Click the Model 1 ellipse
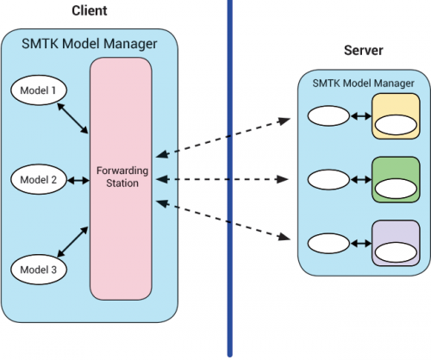click(x=39, y=90)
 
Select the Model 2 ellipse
click(x=39, y=179)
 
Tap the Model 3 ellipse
click(x=39, y=270)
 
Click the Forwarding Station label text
click(x=122, y=177)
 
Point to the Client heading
click(x=90, y=10)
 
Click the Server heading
click(x=364, y=50)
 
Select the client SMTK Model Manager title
click(x=90, y=44)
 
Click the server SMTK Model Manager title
click(x=363, y=84)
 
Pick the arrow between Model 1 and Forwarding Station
click(x=72, y=118)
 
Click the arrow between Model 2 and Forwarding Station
click(x=78, y=180)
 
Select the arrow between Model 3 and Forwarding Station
click(x=72, y=242)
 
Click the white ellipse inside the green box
click(x=396, y=189)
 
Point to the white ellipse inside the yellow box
click(x=396, y=125)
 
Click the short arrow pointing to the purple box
click(x=361, y=244)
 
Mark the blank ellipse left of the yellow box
click(x=328, y=116)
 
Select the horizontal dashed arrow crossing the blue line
click(x=222, y=179)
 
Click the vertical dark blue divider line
click(x=230, y=178)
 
